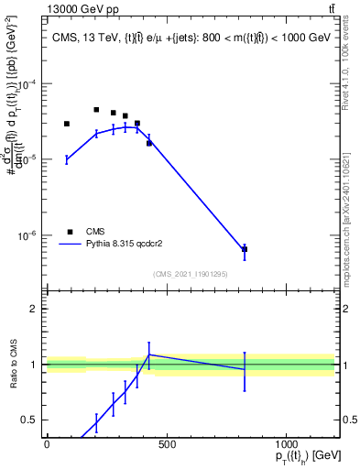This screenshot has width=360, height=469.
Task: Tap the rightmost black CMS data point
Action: [x=245, y=249]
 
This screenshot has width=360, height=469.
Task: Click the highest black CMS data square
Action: [x=96, y=110]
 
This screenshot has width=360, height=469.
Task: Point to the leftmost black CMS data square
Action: [x=67, y=124]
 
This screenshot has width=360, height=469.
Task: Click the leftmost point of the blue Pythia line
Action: [x=67, y=159]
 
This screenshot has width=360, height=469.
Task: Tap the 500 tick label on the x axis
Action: [x=166, y=444]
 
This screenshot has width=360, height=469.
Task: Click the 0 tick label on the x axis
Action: [x=47, y=444]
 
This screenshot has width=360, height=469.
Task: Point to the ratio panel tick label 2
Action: [x=34, y=309]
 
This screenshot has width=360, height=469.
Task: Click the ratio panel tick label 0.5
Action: [x=30, y=420]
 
